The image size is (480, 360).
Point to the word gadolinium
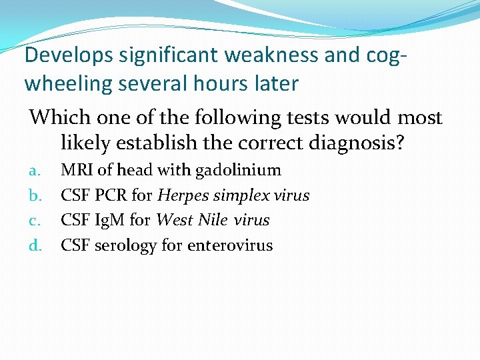238,171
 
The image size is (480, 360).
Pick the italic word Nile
211,220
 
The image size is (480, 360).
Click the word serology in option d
126,245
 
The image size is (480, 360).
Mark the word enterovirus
230,245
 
